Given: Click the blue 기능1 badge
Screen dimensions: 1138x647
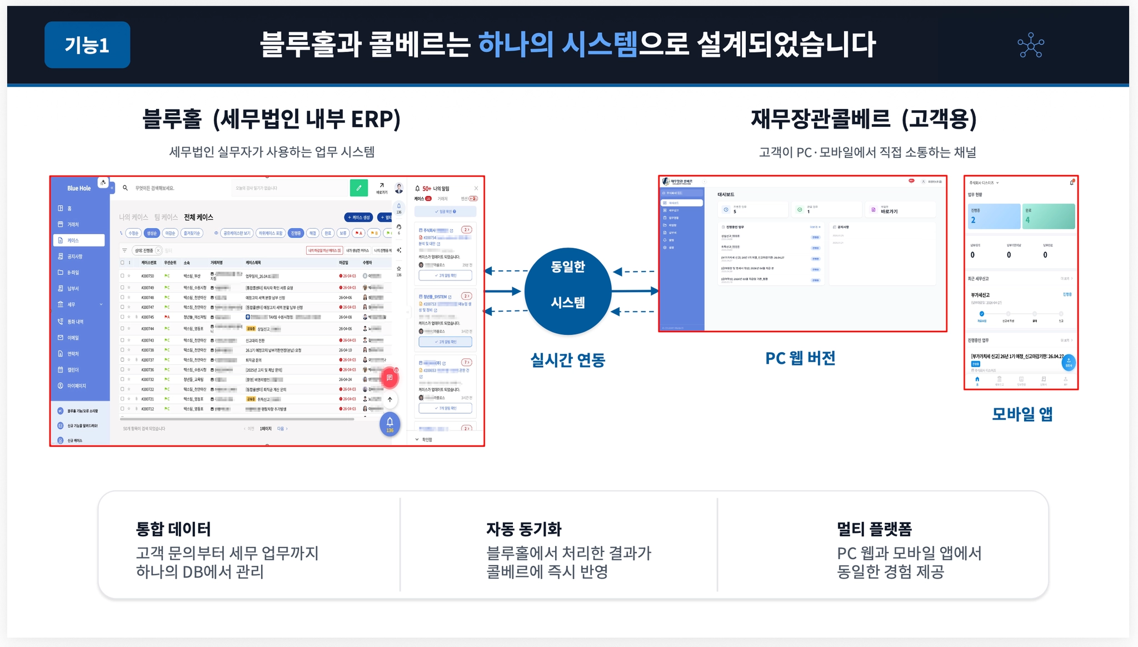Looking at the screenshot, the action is coord(87,45).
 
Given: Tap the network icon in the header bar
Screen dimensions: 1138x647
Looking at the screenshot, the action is coord(1030,45).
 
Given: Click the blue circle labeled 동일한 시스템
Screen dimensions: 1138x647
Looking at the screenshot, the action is coord(567,290).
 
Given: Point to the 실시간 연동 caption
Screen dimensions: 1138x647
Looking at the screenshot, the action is coord(567,360).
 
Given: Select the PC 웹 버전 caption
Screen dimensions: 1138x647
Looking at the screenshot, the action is coord(800,358).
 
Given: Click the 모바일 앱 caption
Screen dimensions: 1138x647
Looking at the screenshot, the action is coord(1022,414).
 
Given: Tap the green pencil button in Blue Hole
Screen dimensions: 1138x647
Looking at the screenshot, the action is coord(359,188).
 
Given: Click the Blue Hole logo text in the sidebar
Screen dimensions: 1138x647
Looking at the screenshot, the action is coord(79,188).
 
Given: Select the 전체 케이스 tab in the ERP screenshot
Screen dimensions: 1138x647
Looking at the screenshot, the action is coord(198,217).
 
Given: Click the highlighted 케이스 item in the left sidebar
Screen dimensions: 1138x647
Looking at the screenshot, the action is coord(79,240).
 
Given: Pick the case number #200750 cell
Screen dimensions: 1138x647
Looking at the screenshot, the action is coord(147,276).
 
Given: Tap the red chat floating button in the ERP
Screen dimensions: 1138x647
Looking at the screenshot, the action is coord(390,378).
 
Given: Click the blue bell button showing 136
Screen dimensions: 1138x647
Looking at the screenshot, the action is coord(390,424).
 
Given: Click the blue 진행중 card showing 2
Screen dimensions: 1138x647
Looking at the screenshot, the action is coord(994,216).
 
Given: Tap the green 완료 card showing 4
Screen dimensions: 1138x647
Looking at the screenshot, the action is coord(1048,216).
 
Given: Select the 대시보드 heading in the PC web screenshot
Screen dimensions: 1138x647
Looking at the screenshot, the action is coord(726,195).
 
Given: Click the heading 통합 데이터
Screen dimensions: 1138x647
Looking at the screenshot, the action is coord(173,529).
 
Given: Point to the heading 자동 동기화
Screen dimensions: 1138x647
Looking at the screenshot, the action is coord(523,529).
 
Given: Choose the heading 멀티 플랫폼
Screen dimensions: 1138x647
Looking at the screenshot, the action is coord(874,529).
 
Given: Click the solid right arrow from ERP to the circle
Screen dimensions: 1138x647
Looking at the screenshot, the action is coord(503,291).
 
